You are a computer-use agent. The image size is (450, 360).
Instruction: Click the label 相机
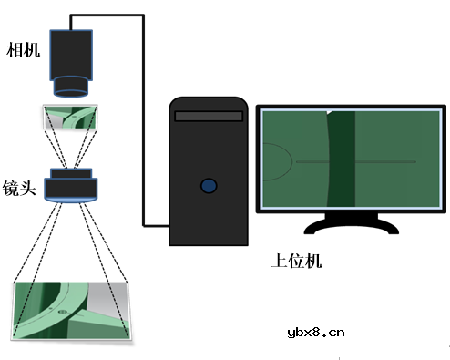(23, 46)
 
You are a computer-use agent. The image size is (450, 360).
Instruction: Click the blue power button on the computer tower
(210, 185)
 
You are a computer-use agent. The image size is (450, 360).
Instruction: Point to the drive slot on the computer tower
(209, 116)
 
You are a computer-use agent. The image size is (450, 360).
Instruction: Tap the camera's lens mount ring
(71, 87)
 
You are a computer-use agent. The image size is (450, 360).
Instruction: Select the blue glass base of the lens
(72, 195)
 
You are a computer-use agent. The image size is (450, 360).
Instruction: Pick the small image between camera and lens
(72, 118)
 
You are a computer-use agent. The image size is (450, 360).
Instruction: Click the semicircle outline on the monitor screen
(278, 164)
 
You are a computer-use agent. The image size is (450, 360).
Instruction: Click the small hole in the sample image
(62, 311)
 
